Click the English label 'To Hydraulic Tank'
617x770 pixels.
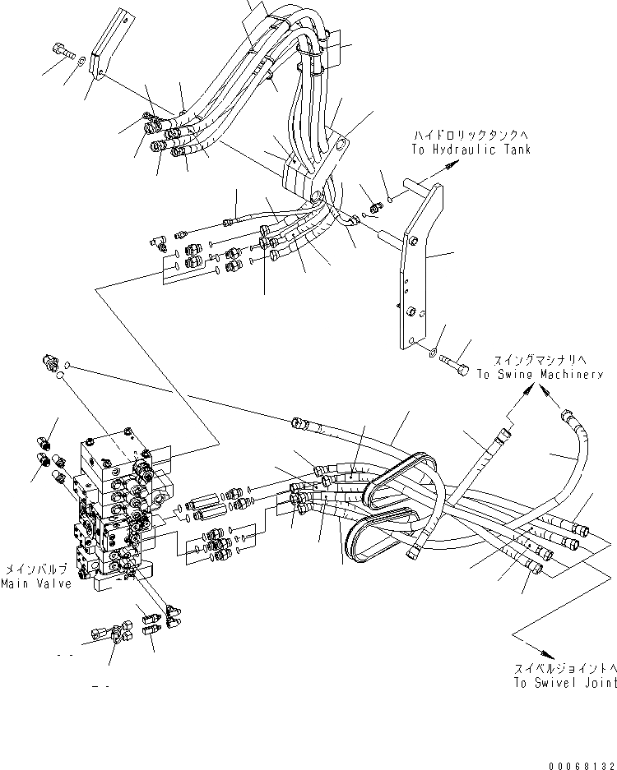pos(471,150)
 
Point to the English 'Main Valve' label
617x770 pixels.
pos(35,583)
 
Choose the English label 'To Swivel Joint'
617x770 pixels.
pos(564,683)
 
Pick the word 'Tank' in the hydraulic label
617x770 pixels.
pos(516,150)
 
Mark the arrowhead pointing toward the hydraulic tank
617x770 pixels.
pos(449,167)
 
